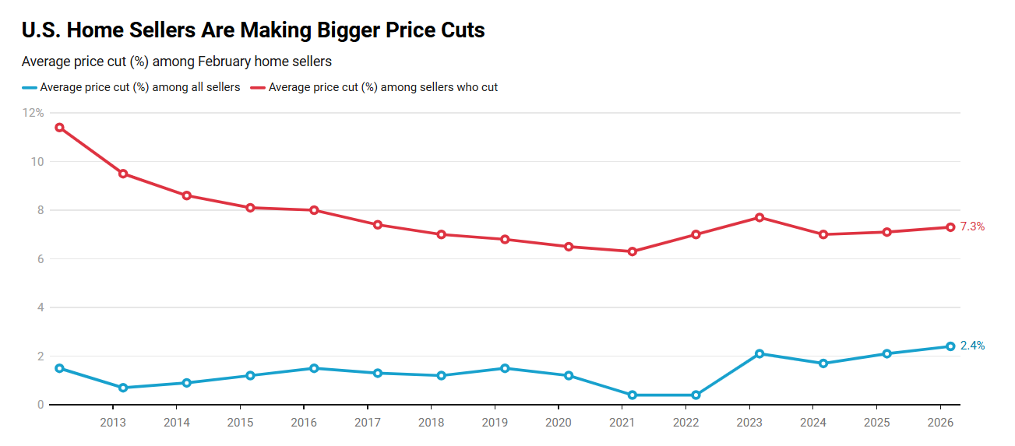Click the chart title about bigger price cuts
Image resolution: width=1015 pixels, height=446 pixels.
tap(253, 30)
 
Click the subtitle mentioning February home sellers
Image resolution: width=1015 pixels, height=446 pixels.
tap(176, 61)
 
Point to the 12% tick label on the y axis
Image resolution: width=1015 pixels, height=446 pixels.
tap(33, 113)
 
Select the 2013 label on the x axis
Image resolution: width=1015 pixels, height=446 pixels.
tap(113, 422)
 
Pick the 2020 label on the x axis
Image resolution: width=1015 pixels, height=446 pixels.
tap(559, 422)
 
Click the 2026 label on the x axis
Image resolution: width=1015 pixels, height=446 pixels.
tap(940, 422)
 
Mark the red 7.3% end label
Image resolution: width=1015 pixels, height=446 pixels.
tap(972, 227)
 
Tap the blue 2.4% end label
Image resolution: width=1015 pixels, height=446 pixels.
tap(972, 346)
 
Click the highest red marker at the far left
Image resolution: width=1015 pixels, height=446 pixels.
tap(59, 128)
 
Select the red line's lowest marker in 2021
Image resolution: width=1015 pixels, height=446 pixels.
tap(632, 251)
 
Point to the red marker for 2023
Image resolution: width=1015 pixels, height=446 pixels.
tap(759, 217)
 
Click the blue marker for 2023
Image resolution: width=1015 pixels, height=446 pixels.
tap(759, 353)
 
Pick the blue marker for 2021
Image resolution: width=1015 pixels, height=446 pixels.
tap(632, 395)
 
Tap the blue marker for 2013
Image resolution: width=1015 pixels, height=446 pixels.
tap(123, 388)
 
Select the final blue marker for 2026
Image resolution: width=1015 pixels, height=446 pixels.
tap(950, 346)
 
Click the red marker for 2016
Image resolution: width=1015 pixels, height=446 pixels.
tap(314, 210)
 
